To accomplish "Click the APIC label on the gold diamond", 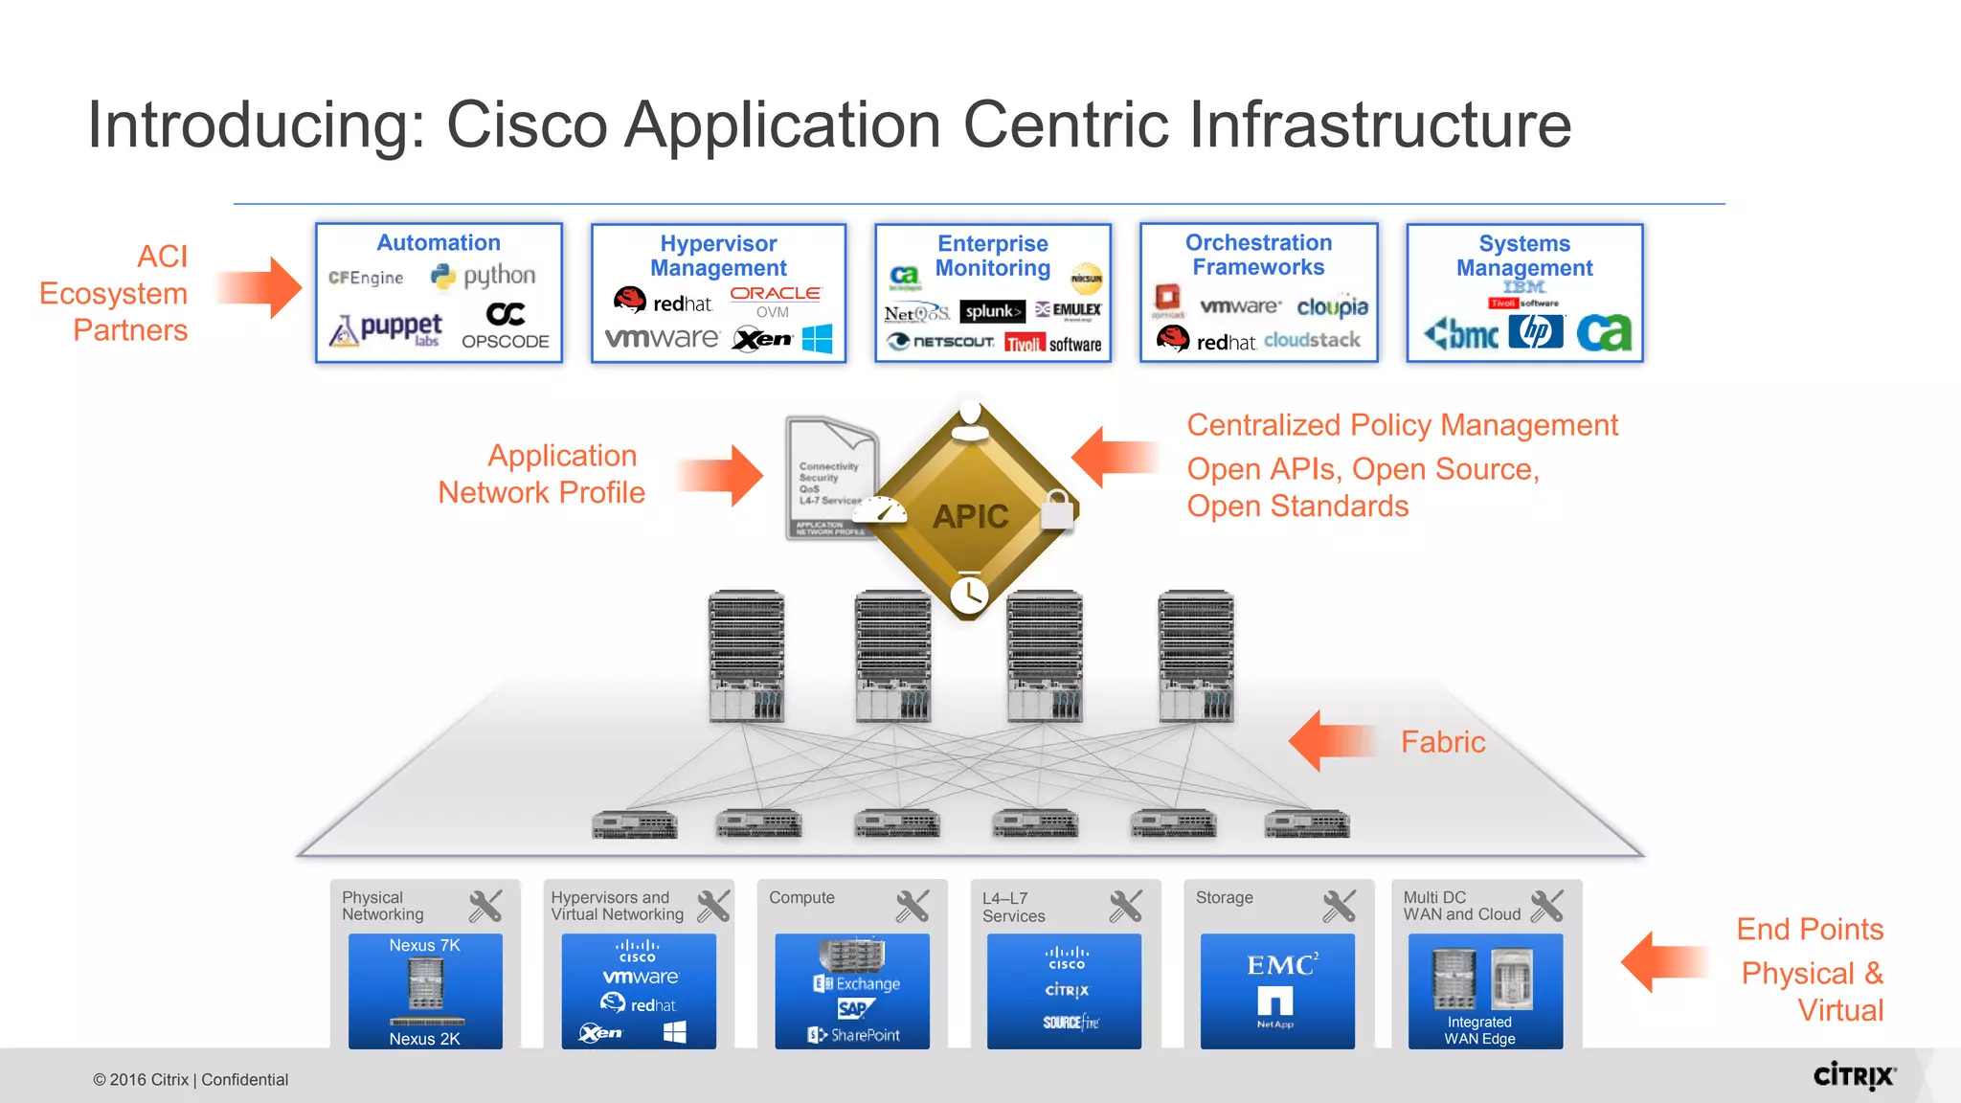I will coord(970,517).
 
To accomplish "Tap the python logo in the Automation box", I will coord(484,277).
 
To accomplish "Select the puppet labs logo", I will coord(386,330).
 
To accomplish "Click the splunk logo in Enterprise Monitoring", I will coord(991,311).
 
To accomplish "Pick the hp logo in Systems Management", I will coord(1535,332).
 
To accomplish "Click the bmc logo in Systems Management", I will coord(1461,333).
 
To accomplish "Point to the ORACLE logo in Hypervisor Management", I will coord(775,294).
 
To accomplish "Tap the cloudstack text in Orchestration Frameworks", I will coord(1312,340).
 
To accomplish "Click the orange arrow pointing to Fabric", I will coord(1331,741).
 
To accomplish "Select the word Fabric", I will coord(1442,742).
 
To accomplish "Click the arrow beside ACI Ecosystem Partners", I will coord(259,287).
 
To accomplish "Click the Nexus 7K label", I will coord(424,946).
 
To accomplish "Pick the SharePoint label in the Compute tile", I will coord(854,1035).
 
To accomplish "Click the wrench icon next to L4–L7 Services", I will coord(1126,906).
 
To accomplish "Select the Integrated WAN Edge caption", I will coord(1479,1030).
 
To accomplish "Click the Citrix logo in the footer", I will coord(1854,1076).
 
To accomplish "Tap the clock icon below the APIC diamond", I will coord(969,595).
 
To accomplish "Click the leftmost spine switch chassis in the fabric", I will coord(746,656).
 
